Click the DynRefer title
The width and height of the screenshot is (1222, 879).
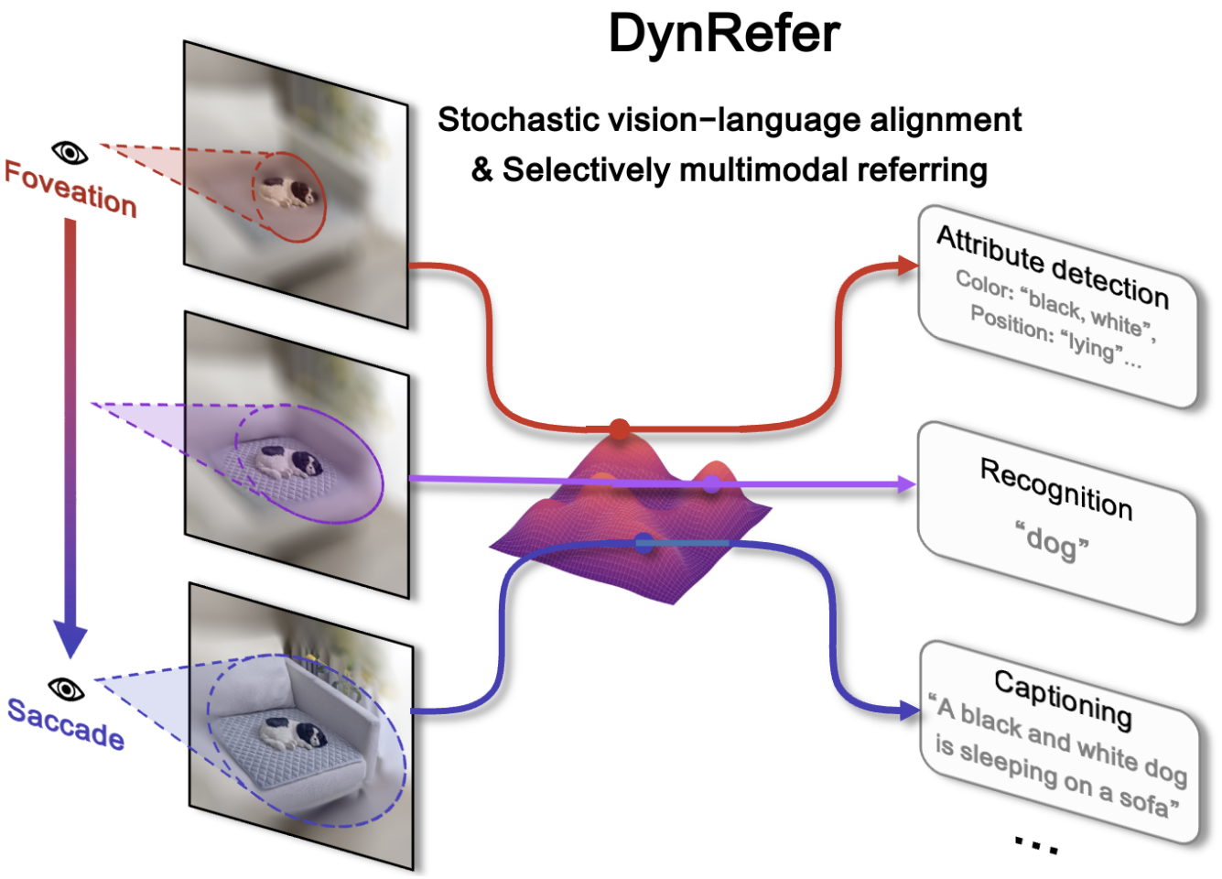(x=724, y=34)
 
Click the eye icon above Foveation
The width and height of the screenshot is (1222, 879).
(x=70, y=152)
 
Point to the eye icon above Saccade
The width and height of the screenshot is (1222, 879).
(x=66, y=689)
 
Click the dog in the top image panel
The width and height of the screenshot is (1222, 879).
(x=287, y=192)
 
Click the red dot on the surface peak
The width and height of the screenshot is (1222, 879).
(x=620, y=429)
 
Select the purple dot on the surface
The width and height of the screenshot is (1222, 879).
(x=711, y=483)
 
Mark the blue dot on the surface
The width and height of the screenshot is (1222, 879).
(x=644, y=542)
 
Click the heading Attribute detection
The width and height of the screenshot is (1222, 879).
(x=1053, y=266)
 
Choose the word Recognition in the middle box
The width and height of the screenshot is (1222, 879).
(x=1056, y=488)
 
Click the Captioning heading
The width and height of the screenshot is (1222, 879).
(x=1063, y=698)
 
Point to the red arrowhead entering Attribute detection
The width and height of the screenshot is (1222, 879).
(x=909, y=266)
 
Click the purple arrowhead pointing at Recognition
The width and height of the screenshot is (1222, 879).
(x=906, y=484)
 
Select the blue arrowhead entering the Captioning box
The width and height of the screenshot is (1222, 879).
(x=910, y=710)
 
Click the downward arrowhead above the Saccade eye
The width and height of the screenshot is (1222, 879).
(x=70, y=637)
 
